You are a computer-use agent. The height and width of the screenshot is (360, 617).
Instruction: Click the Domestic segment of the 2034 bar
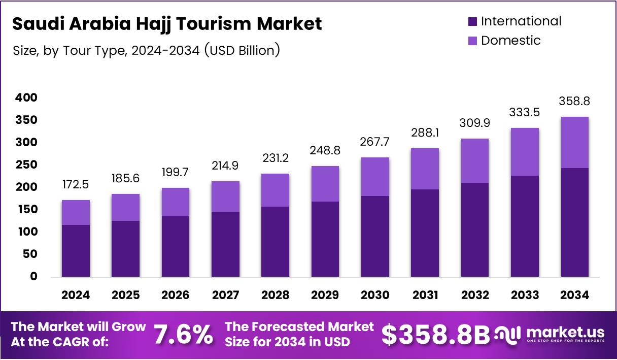(575, 143)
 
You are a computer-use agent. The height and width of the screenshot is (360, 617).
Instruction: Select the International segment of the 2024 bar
(76, 251)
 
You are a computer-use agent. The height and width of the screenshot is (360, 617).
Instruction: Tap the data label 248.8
(325, 151)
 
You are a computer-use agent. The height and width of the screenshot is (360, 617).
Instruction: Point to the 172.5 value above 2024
(76, 184)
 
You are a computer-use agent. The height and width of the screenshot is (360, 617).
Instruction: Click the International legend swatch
(472, 21)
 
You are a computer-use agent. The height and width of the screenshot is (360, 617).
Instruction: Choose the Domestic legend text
(510, 41)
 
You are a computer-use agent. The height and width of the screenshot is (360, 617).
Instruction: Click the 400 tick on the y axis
(27, 97)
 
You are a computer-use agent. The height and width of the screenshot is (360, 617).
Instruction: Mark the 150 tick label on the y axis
(27, 209)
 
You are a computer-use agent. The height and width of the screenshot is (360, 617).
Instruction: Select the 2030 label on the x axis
(375, 296)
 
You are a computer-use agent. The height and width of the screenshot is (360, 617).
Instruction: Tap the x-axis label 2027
(225, 296)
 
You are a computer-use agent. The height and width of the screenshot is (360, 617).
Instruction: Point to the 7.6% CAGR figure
(183, 335)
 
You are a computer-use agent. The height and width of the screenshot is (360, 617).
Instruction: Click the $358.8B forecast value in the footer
(436, 335)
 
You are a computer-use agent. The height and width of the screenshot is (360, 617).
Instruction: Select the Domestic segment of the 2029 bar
(325, 184)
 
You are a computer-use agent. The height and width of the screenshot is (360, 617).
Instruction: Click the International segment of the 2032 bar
(475, 230)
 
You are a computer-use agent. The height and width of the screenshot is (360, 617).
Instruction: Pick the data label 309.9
(475, 123)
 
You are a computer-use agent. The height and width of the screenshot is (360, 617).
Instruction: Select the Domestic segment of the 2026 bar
(175, 202)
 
